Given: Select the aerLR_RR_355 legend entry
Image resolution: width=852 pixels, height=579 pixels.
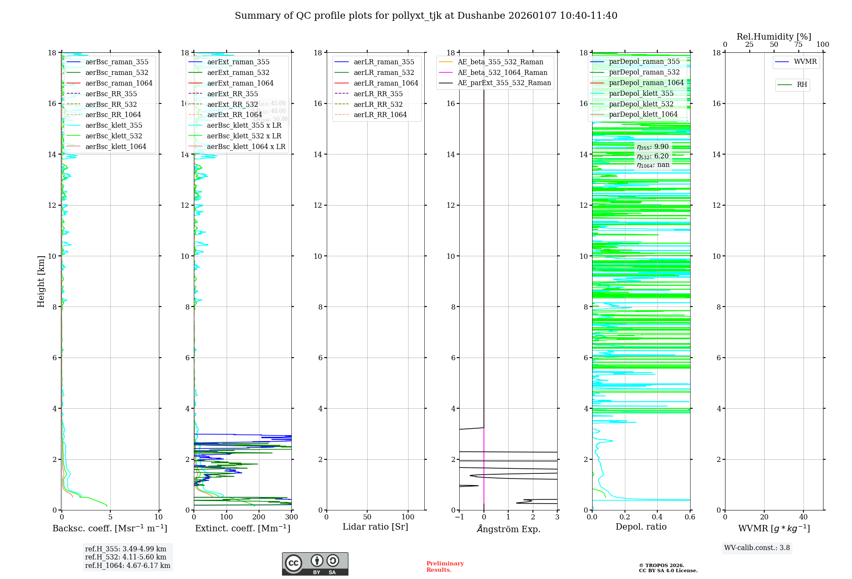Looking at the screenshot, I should point(378,94).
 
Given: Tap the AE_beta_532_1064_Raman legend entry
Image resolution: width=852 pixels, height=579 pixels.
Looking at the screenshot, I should point(502,72).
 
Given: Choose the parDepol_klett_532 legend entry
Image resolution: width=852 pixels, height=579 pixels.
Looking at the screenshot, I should point(641,104).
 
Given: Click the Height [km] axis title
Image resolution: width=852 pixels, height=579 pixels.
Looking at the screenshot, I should point(41,281).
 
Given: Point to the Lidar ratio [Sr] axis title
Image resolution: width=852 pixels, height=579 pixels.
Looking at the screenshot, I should point(375,527).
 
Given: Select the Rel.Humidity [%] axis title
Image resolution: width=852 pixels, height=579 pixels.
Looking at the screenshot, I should point(774,37).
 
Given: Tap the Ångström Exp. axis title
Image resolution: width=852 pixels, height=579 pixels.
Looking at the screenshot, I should point(509,529).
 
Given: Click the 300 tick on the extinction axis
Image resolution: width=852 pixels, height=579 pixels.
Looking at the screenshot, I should point(292,517).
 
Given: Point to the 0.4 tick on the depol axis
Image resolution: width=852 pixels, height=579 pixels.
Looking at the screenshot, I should point(657,517).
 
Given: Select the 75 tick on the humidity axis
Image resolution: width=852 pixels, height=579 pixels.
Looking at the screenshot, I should point(798,45).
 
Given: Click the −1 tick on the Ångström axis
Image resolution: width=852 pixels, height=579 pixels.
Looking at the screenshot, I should point(459,517).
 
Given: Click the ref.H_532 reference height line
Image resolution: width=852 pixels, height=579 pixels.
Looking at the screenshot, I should point(126,557).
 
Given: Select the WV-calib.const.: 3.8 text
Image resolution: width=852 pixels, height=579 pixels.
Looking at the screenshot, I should point(757,548).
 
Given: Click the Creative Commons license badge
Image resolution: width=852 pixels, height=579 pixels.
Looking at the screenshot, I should point(315,564).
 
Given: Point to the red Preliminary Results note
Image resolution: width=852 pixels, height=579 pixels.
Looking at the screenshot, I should point(445,567).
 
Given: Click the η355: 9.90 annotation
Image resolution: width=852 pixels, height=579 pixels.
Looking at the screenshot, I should point(653,147).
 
